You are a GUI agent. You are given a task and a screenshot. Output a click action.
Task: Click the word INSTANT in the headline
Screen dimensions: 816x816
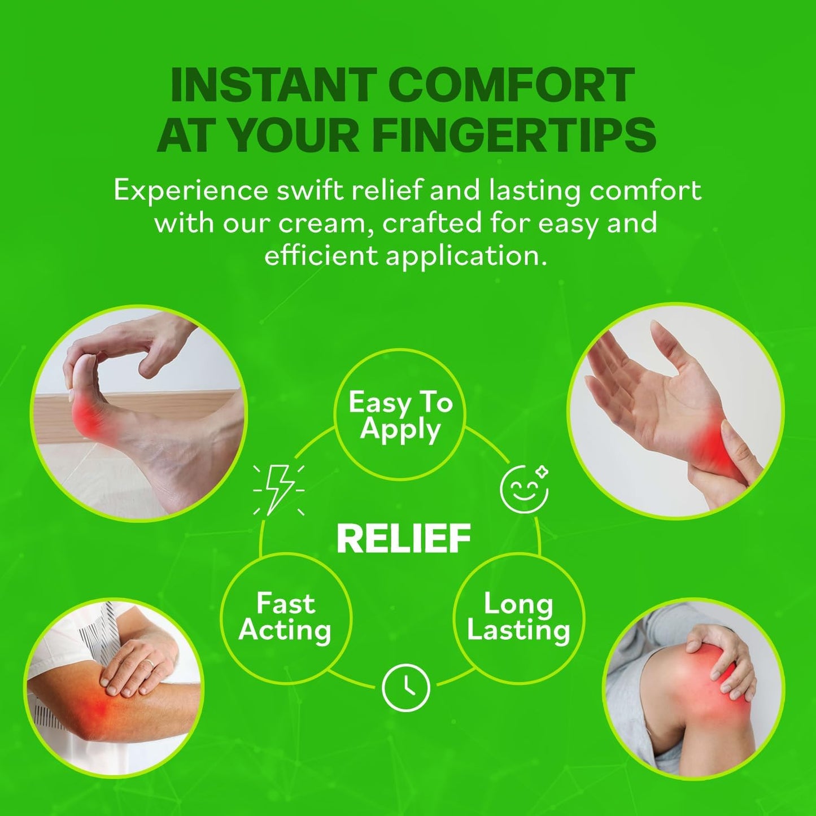(274, 85)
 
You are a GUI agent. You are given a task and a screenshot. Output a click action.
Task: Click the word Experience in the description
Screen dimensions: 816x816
(190, 192)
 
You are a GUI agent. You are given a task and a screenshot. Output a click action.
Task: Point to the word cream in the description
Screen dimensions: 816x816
(324, 223)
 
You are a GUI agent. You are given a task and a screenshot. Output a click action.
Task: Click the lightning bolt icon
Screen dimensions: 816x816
(278, 490)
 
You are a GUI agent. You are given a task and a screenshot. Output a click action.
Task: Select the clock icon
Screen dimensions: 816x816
(405, 688)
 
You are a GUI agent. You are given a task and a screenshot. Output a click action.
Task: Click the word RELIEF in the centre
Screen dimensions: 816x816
(404, 538)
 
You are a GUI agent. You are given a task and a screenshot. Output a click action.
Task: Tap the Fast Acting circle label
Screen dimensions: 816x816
(285, 617)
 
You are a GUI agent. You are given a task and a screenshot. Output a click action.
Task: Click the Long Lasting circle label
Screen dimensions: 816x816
(519, 617)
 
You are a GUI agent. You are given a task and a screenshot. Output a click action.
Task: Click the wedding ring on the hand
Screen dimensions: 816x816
(149, 665)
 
